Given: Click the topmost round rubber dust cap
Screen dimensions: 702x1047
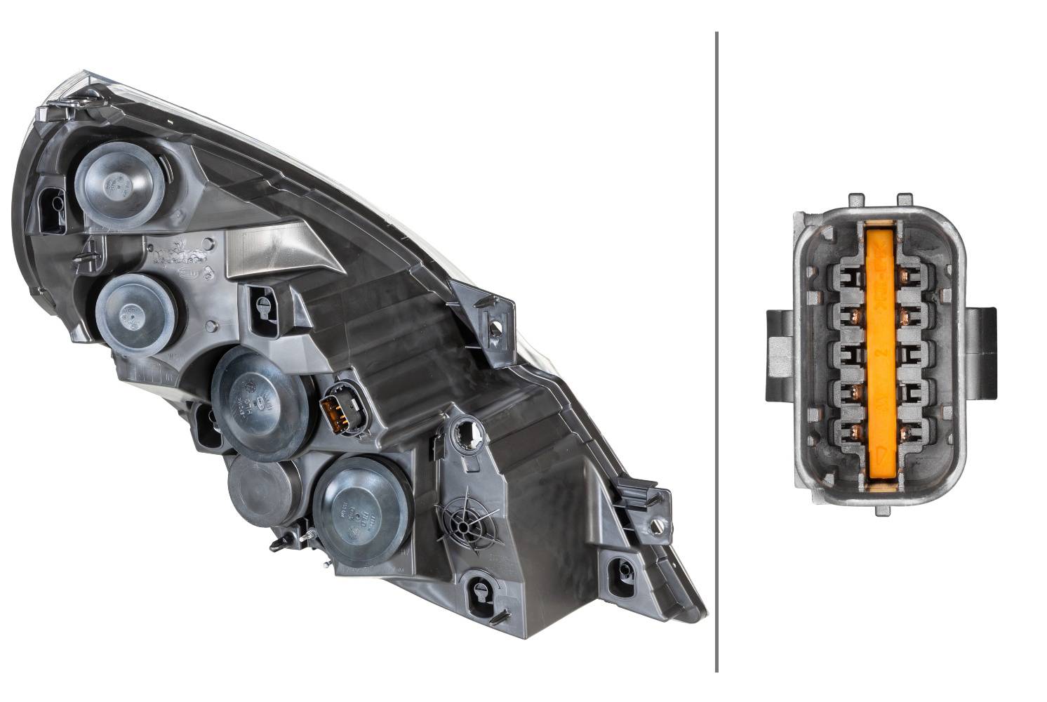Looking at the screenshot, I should click(x=116, y=184).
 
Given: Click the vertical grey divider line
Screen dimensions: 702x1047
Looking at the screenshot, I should click(x=716, y=351).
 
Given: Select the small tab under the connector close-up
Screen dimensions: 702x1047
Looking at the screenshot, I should click(x=880, y=511).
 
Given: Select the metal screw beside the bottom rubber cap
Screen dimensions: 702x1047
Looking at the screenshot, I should click(x=307, y=536).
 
